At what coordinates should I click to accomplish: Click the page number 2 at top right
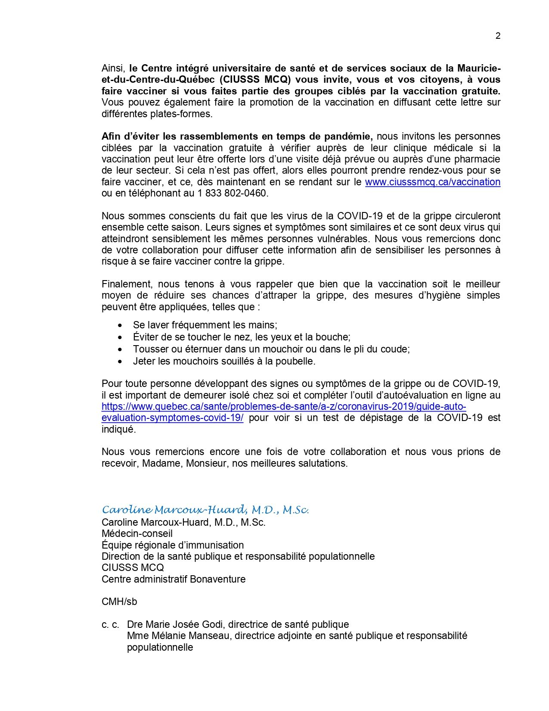point(498,36)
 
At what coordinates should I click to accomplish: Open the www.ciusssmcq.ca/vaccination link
point(432,182)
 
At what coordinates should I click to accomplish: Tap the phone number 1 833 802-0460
point(232,193)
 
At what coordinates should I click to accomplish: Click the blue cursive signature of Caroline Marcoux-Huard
point(205,510)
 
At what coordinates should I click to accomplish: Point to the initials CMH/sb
point(119,602)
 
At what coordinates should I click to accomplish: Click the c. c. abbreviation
point(110,624)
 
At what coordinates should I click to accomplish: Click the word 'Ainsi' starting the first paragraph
point(113,68)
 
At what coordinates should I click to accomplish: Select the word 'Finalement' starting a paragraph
point(126,284)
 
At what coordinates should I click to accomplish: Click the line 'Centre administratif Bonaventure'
point(174,579)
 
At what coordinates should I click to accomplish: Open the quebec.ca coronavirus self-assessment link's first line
point(284,406)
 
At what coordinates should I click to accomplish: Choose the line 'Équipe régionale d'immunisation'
point(173,545)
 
